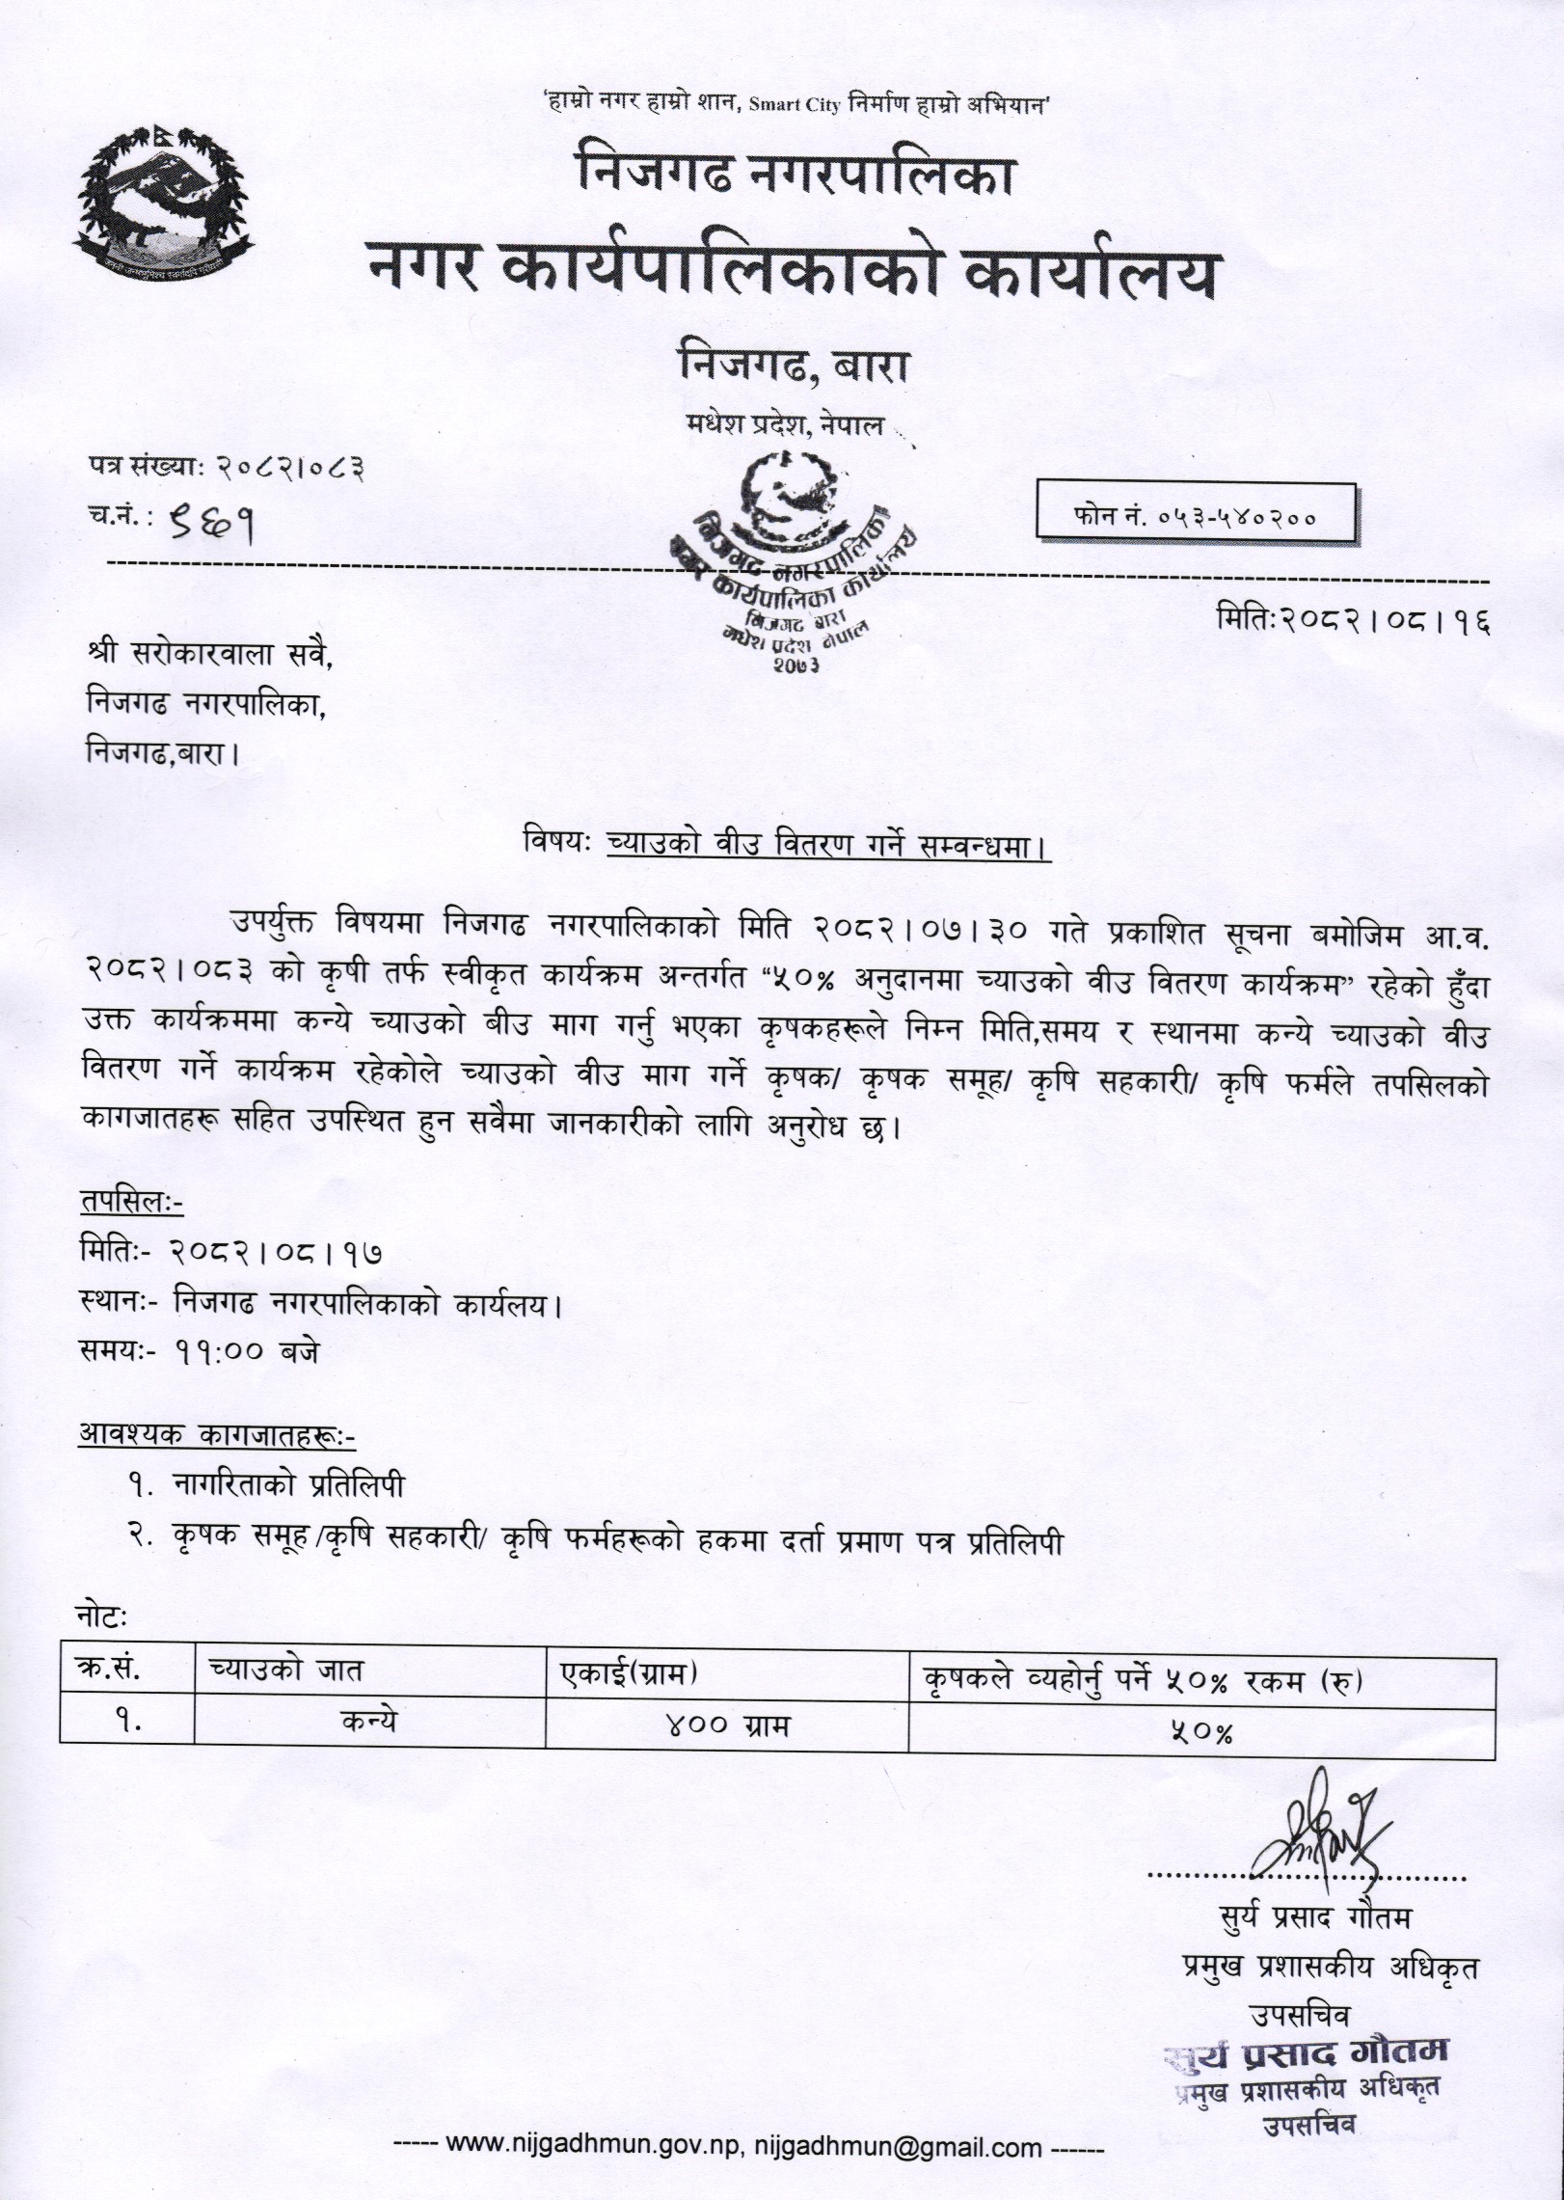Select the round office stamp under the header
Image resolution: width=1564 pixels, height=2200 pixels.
791,559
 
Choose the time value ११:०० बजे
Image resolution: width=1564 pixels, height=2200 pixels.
245,1351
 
